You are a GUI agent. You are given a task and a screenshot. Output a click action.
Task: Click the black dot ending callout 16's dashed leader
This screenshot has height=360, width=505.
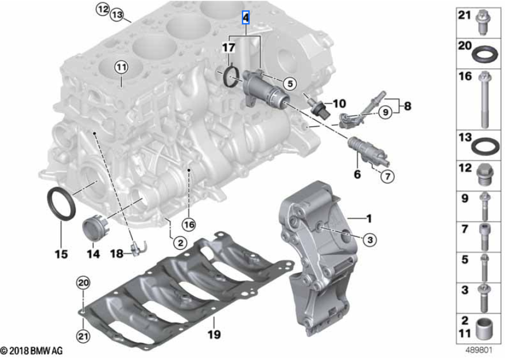189,169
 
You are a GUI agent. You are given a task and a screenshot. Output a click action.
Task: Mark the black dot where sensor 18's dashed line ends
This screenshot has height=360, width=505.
94,133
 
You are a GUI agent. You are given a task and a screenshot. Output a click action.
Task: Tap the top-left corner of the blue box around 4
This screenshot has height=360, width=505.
242,11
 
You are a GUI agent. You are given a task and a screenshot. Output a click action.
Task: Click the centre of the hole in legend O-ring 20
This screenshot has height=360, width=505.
484,54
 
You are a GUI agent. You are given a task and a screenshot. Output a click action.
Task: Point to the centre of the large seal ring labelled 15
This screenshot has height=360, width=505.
61,204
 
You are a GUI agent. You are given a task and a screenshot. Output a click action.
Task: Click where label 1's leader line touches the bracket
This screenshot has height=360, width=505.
348,219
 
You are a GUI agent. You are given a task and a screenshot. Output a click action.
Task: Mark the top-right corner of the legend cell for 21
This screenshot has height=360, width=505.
501,7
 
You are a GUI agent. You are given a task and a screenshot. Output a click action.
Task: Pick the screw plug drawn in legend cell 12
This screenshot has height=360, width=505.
485,175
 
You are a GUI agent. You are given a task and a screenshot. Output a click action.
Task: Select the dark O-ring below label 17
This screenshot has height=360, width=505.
231,76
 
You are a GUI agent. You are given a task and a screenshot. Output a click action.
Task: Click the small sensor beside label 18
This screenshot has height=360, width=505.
138,247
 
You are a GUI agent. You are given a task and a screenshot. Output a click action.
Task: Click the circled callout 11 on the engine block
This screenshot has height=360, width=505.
121,67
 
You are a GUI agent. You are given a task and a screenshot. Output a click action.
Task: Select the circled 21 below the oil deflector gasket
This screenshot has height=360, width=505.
83,336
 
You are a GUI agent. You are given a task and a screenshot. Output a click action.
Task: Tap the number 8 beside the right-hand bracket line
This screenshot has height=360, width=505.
407,106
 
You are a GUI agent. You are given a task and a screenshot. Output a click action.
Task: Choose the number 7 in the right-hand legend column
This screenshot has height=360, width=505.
464,229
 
